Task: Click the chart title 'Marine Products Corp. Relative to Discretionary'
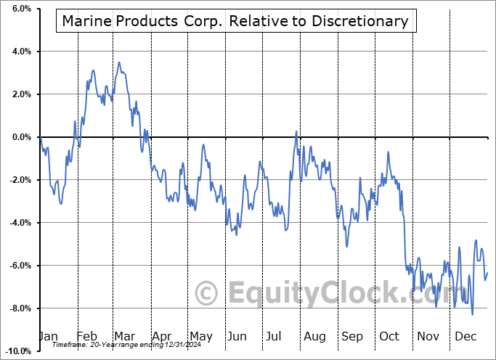tap(235, 21)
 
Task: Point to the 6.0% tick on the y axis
tap(20, 9)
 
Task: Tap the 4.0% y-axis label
tap(20, 52)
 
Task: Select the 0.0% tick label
tap(20, 137)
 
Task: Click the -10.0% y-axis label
tap(17, 351)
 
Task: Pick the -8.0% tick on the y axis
tap(19, 308)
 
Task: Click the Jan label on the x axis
tap(49, 336)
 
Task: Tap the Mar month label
tap(123, 336)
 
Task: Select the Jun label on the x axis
tap(237, 336)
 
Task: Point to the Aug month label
tap(314, 336)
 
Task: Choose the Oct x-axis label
tap(389, 336)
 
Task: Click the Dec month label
tap(465, 336)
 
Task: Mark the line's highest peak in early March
tap(119, 62)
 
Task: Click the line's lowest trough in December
tap(473, 314)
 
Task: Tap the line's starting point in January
tap(41, 137)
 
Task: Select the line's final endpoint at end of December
tap(487, 273)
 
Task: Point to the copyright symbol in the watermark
tap(208, 294)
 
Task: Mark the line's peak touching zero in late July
tap(296, 131)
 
